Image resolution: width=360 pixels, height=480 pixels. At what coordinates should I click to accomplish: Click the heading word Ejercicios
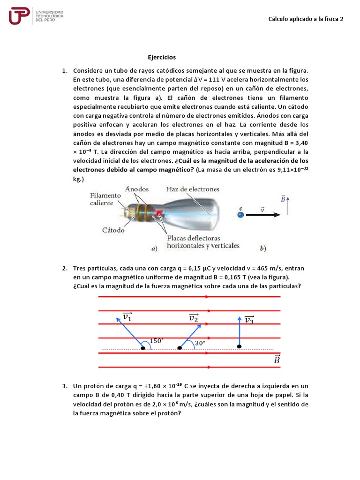pos(162,57)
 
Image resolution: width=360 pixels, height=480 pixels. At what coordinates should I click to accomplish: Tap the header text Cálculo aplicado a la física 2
pos(306,19)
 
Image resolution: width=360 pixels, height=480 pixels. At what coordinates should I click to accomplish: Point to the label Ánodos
pos(137,189)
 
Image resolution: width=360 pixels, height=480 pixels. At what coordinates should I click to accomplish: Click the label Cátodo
pos(113,230)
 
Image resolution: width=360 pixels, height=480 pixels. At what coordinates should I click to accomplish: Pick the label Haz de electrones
pos(192,189)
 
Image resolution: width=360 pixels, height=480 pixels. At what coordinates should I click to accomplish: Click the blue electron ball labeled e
pos(240,215)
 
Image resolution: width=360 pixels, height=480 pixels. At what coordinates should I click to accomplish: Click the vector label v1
pos(127,317)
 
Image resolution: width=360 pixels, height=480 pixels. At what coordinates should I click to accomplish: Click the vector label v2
pos(193,318)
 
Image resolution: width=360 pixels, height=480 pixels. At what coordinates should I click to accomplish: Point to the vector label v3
pos(249,321)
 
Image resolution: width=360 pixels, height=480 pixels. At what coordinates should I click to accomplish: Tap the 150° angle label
pos(157,341)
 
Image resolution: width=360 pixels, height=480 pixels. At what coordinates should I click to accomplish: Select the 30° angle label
pos(201,343)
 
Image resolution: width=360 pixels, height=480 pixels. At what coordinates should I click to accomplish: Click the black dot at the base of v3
pos(240,346)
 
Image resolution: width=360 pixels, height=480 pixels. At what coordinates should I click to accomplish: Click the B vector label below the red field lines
pos(277,360)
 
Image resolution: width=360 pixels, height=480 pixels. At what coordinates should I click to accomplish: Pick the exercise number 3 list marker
pos(64,386)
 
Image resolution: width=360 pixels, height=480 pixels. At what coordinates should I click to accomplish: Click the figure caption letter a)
pos(154,249)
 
